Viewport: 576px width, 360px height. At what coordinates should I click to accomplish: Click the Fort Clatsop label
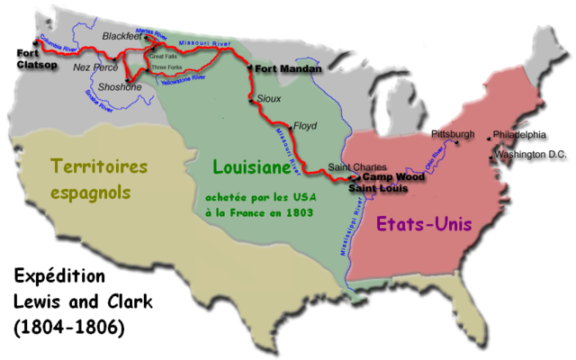[x=33, y=58]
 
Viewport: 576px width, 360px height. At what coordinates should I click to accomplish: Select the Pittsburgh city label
[x=453, y=134]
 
